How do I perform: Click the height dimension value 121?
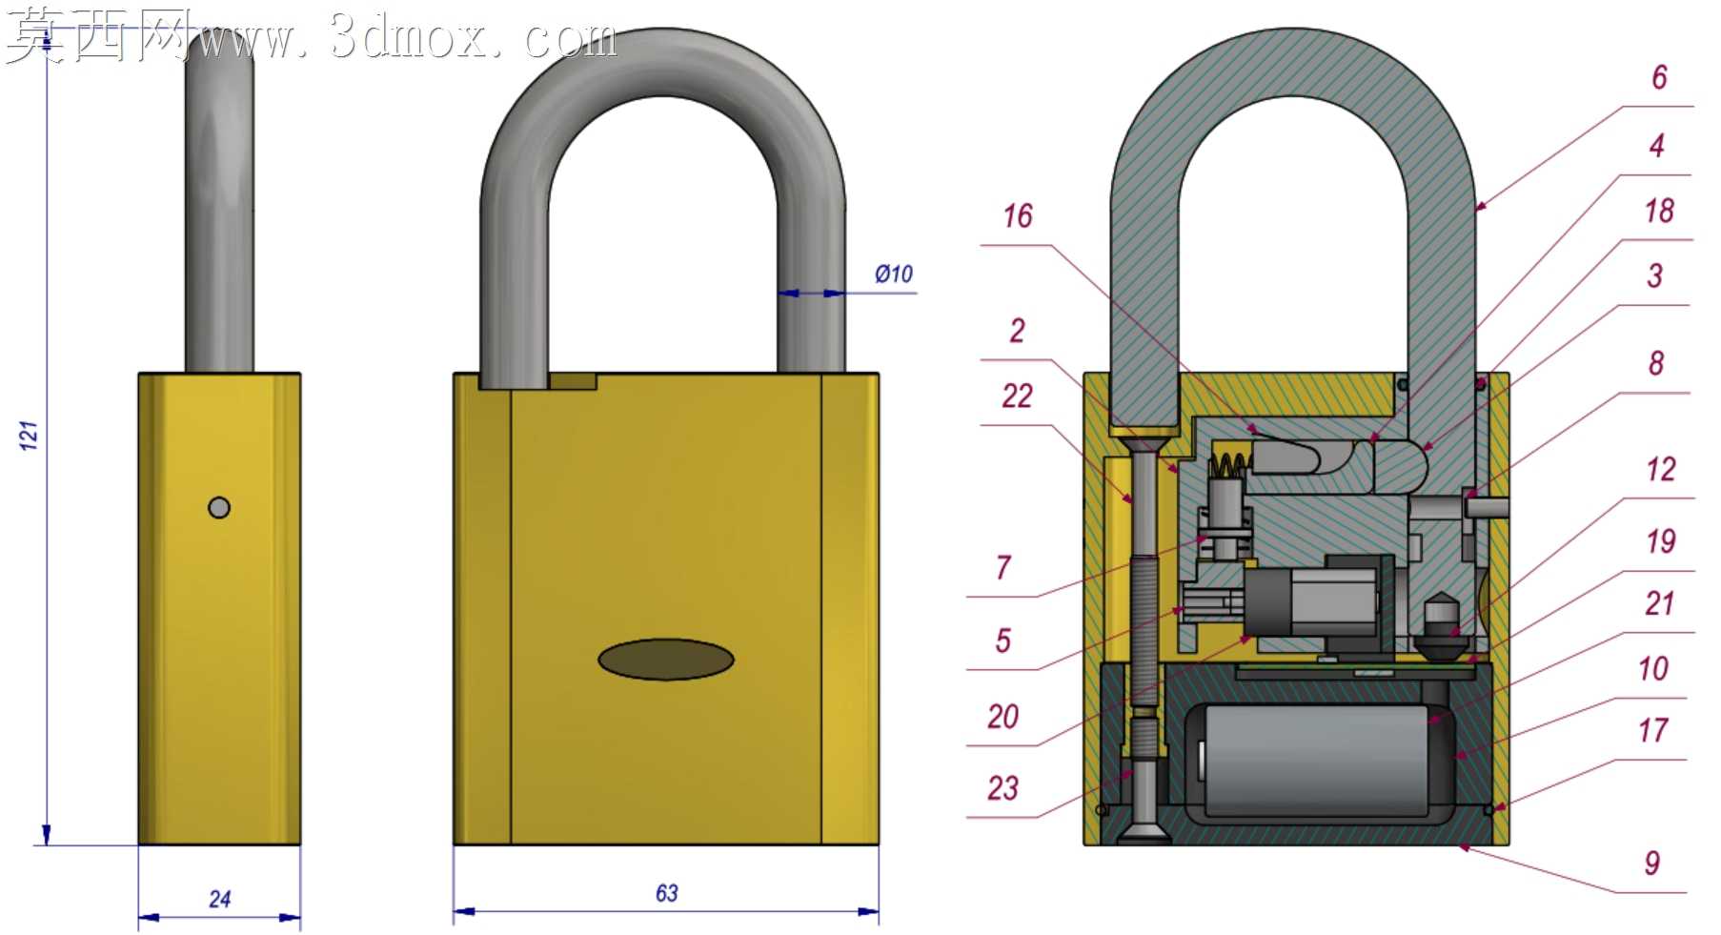29,436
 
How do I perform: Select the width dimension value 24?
220,899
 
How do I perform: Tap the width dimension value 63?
667,893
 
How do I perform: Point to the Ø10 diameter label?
894,274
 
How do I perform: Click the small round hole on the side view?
219,507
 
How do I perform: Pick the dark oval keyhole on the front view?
666,660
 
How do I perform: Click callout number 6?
1659,77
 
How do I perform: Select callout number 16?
1018,216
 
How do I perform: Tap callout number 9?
1652,863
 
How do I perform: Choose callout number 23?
1002,788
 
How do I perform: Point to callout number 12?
1661,469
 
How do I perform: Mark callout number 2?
1018,331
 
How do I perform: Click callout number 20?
1002,717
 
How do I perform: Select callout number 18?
1659,211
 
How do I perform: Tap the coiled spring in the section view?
1229,465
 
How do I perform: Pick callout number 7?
1002,568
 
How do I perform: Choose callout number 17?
1653,730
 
